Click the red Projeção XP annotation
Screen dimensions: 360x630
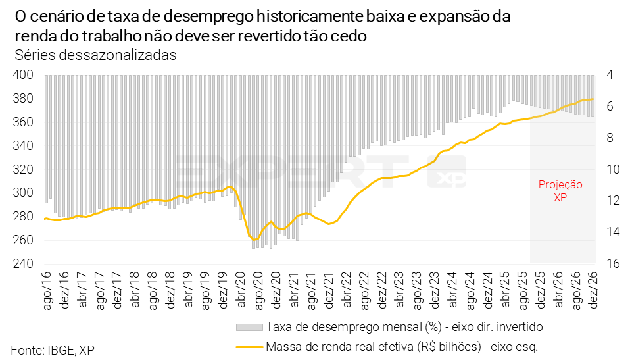click(560, 191)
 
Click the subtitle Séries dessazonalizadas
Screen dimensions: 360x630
click(95, 55)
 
